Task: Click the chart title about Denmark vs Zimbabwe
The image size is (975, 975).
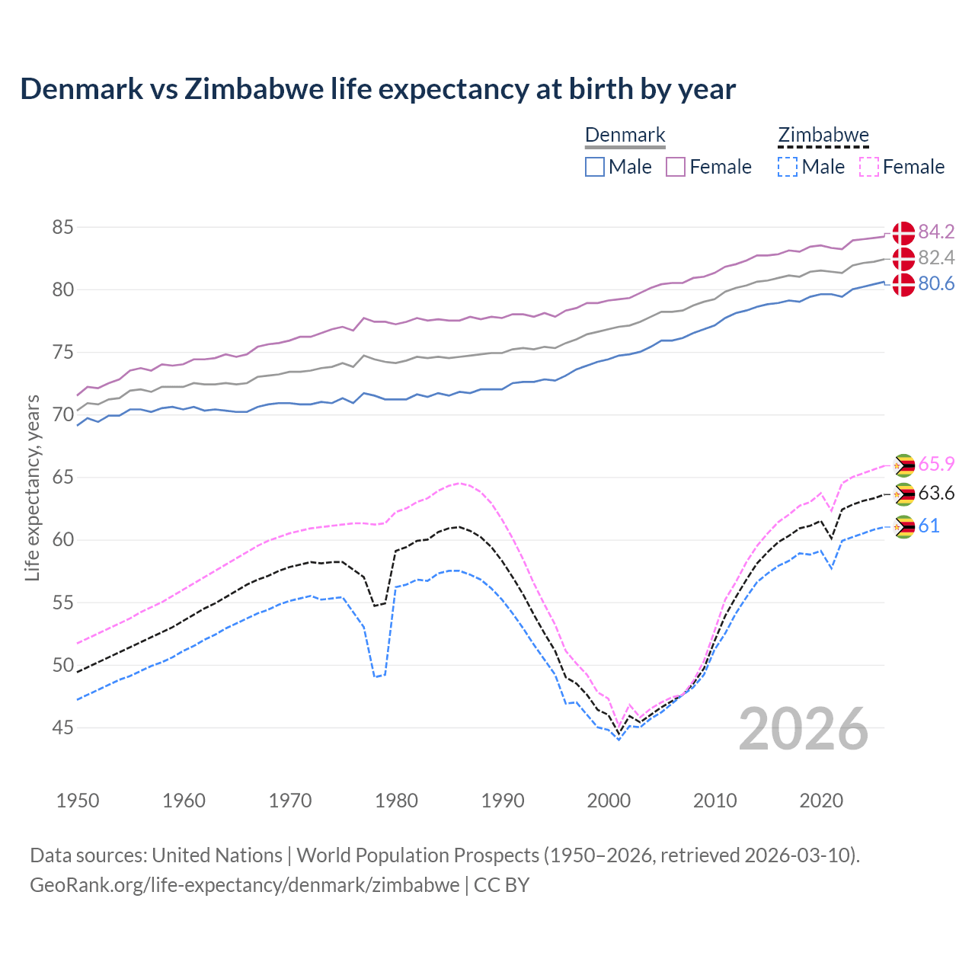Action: click(378, 89)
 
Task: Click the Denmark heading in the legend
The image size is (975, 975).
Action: click(625, 136)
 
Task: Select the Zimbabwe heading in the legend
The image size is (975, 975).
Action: click(823, 136)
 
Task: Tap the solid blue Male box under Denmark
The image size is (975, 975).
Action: click(595, 167)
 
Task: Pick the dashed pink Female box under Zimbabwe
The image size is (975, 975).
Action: click(869, 167)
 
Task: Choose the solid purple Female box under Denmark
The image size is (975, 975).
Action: click(676, 167)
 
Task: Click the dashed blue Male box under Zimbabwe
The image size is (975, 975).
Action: click(788, 167)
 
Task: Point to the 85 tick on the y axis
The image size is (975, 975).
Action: click(63, 227)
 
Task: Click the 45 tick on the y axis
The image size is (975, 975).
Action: click(63, 727)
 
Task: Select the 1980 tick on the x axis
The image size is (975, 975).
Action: click(396, 801)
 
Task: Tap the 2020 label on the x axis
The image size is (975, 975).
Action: click(821, 801)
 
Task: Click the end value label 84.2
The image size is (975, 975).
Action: click(936, 232)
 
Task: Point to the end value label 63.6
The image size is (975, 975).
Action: click(936, 494)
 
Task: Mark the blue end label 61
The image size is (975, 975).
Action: click(929, 526)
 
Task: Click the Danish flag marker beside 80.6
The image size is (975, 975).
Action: click(903, 284)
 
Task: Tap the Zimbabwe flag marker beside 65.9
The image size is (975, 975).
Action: click(903, 465)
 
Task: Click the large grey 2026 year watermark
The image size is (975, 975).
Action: click(803, 729)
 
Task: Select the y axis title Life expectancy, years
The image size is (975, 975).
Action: click(33, 487)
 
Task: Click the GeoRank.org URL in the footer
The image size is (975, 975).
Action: click(245, 885)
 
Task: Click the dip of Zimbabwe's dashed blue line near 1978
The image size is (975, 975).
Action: click(376, 676)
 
